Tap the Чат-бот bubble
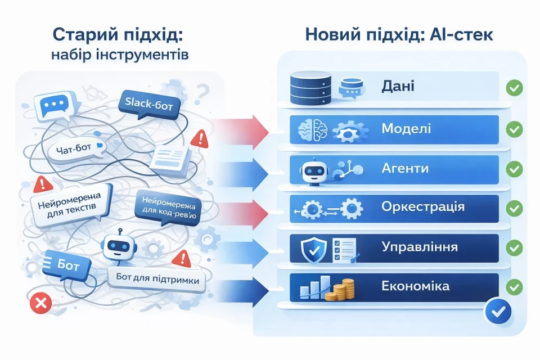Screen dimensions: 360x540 (x=77, y=150)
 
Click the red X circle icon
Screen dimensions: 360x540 (x=40, y=304)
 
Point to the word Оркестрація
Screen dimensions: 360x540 (x=422, y=206)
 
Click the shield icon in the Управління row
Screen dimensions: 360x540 (x=311, y=248)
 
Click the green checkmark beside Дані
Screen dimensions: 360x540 (x=514, y=88)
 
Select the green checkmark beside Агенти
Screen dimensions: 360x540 (x=514, y=169)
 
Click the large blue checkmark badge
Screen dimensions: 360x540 (x=498, y=309)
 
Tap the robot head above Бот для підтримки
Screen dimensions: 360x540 (x=118, y=246)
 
